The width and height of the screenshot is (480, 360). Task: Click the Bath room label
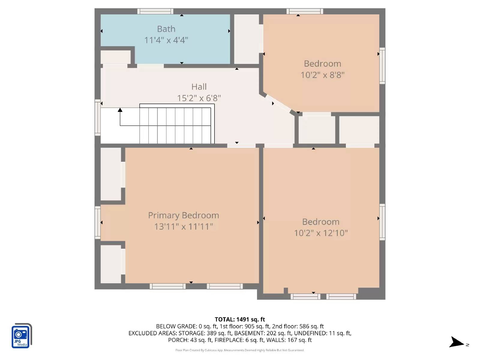pos(166,29)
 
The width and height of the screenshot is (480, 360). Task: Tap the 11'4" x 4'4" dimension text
pos(166,40)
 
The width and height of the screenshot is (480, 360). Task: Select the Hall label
pos(199,87)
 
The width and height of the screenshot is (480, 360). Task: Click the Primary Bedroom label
pos(183,215)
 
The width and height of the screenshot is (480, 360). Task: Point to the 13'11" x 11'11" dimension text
pos(183,226)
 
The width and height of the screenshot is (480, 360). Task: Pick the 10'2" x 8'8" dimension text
pos(322,75)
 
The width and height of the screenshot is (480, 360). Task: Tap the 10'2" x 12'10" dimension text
pos(321,233)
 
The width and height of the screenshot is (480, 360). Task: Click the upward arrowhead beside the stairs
pos(120,110)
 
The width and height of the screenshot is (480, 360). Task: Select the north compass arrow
pos(457,342)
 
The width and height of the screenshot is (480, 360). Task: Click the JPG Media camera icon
pos(21,336)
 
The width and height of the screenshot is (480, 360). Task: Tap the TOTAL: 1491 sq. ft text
pos(240,319)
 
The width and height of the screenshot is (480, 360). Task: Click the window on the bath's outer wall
pos(155,11)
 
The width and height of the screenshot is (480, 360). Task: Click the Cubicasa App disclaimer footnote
pos(240,350)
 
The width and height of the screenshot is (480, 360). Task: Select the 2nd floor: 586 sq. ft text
pos(298,326)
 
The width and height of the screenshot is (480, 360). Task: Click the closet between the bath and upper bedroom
pos(246,39)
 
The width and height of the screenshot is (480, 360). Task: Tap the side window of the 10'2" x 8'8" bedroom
pos(382,65)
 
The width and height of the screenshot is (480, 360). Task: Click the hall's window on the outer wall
pos(97,117)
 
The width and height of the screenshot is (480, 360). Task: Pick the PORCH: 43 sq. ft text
pos(190,340)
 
